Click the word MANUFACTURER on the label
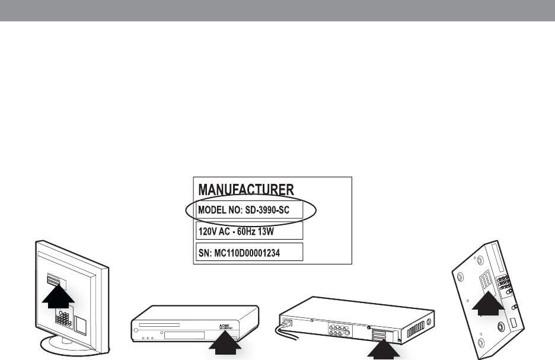[245, 190]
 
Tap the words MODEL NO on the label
[221, 210]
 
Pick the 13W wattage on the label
[280, 230]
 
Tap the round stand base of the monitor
[71, 348]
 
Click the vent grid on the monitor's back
[64, 319]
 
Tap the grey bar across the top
[277, 11]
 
